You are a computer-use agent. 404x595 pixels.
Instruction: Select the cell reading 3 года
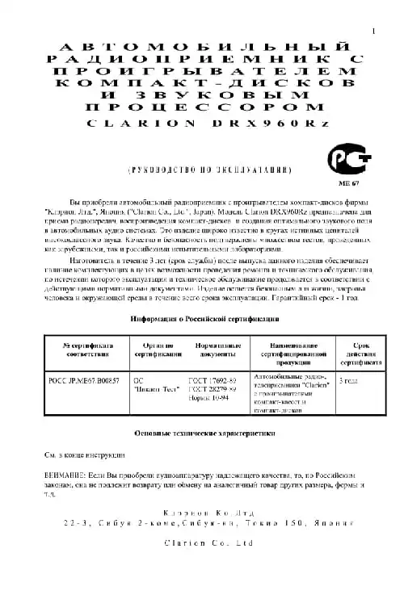tap(348, 379)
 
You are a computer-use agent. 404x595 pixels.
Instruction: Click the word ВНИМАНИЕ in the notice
tap(62, 476)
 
